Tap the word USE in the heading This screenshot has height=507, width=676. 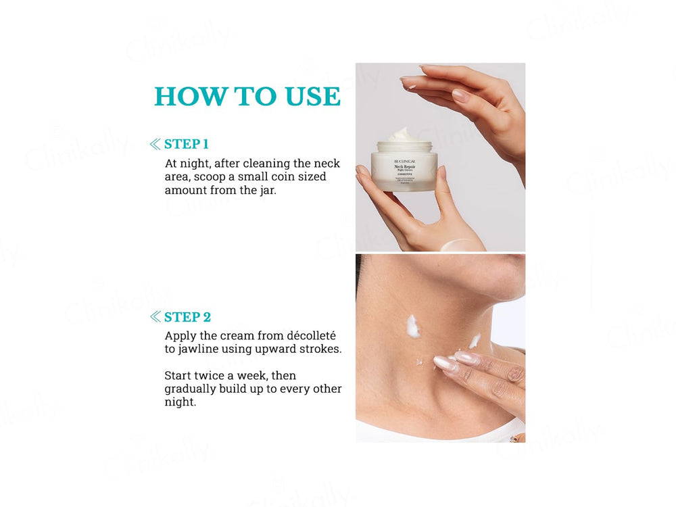[312, 97]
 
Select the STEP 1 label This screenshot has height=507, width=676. [186, 144]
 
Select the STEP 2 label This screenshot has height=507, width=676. [187, 317]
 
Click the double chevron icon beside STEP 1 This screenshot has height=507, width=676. [155, 144]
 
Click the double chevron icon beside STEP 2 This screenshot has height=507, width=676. [155, 317]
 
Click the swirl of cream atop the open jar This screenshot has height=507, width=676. [404, 135]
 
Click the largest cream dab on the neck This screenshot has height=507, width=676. [412, 326]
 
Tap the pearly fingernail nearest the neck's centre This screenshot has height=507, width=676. [445, 363]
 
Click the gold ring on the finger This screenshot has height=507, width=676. [514, 438]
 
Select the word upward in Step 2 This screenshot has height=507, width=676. [297, 349]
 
